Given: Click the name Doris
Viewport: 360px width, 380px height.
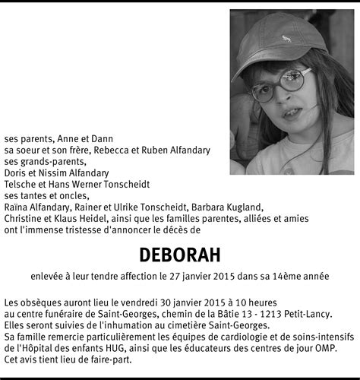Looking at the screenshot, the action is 16,173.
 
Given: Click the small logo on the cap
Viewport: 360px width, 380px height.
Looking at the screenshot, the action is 286,38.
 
